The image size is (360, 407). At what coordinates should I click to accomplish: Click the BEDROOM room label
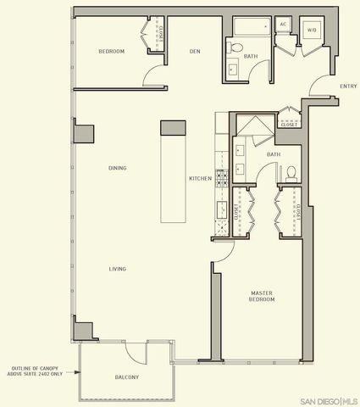click(x=111, y=52)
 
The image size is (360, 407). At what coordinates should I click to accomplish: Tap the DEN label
click(x=193, y=52)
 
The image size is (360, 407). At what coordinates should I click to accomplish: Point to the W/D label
click(x=311, y=30)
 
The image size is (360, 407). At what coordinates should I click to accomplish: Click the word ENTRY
click(x=347, y=86)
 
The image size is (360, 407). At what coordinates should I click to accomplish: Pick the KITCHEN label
click(x=200, y=179)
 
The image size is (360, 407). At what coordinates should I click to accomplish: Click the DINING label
click(x=118, y=168)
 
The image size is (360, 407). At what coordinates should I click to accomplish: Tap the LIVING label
click(x=118, y=269)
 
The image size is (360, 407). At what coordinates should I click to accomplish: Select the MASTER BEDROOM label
click(x=261, y=296)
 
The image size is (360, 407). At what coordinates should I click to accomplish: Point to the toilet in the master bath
click(x=291, y=173)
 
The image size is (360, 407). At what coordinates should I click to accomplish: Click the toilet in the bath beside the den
click(x=235, y=47)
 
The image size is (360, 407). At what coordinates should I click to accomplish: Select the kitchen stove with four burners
click(x=223, y=179)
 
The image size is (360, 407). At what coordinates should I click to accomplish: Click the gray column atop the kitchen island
click(x=173, y=128)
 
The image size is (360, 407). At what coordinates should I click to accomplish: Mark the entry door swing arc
click(x=320, y=86)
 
